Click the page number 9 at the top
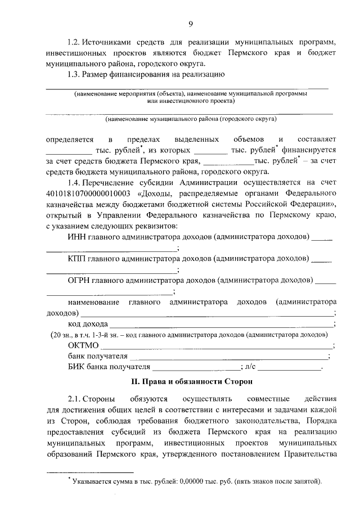(x=191, y=23)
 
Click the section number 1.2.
(x=73, y=43)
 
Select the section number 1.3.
(x=73, y=74)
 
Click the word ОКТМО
(x=83, y=345)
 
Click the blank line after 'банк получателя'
(x=228, y=356)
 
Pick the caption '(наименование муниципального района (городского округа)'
(x=191, y=120)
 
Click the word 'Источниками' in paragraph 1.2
(x=106, y=43)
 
